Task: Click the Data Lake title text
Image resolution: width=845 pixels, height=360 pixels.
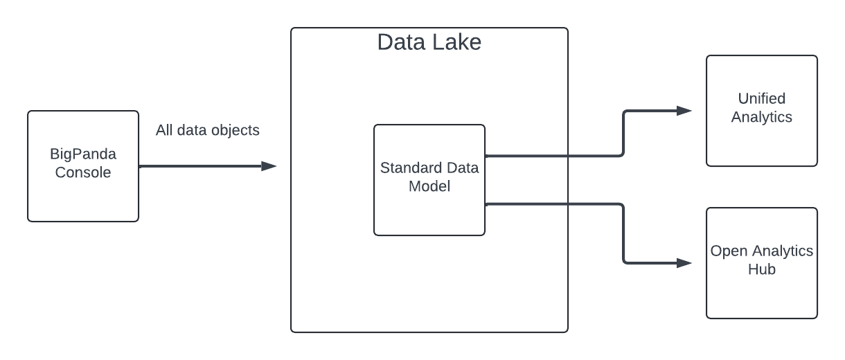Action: point(429,42)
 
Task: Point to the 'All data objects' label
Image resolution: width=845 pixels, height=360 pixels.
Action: point(207,130)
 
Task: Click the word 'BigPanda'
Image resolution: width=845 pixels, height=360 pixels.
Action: point(83,154)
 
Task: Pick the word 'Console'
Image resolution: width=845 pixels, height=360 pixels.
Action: point(83,172)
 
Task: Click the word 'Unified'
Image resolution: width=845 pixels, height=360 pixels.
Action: point(761,98)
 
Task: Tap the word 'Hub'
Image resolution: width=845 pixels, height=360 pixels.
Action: point(761,269)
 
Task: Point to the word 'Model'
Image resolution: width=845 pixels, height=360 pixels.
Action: point(429,186)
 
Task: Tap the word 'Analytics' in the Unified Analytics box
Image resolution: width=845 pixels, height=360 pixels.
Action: point(761,117)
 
